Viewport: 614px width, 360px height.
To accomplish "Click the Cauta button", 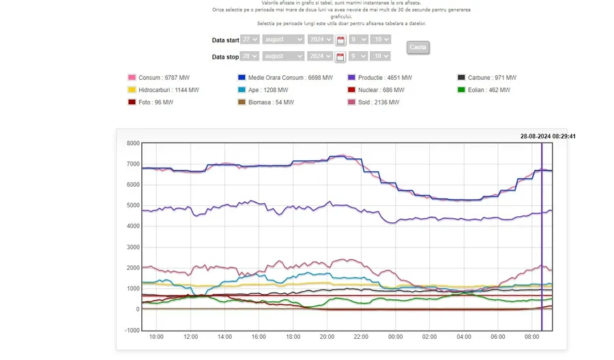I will click(418, 47).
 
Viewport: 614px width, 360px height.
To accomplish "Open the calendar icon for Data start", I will click(340, 40).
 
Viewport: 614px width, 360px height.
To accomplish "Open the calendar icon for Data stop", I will click(340, 57).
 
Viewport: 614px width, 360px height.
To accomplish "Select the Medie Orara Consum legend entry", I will click(284, 78).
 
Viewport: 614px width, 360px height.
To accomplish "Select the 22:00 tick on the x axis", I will click(361, 337).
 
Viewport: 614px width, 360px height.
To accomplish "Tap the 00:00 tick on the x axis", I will click(395, 337).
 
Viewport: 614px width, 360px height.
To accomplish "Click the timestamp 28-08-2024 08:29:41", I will click(548, 136).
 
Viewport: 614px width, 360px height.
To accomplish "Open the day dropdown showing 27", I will click(250, 40).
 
